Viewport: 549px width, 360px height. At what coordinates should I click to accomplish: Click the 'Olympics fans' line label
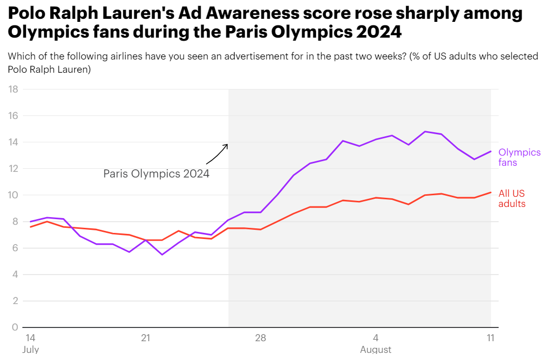519,157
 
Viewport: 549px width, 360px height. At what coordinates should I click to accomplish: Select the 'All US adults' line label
511,198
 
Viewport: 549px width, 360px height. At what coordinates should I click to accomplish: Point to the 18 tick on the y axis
14,89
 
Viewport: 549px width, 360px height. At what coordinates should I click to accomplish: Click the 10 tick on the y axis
14,195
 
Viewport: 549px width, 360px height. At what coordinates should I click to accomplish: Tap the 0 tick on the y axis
15,327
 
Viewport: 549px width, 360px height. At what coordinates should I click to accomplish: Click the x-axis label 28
261,338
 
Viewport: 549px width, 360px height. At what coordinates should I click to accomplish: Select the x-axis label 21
146,338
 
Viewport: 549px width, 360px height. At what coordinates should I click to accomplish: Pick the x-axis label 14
30,338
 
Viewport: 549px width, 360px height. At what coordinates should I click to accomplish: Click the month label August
375,350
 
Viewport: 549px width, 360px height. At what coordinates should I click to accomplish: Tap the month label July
31,350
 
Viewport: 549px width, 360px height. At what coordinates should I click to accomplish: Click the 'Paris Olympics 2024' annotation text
156,173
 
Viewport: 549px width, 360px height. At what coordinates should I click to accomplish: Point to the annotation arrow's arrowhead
227,144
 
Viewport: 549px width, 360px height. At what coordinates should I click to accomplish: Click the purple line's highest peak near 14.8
425,132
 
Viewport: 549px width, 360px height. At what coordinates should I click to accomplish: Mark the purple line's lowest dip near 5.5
162,254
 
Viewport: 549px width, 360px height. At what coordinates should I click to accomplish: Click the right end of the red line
490,192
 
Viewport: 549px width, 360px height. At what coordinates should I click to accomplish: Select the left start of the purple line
31,222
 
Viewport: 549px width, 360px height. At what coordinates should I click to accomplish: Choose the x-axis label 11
491,338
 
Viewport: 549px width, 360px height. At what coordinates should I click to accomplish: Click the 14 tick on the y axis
14,142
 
